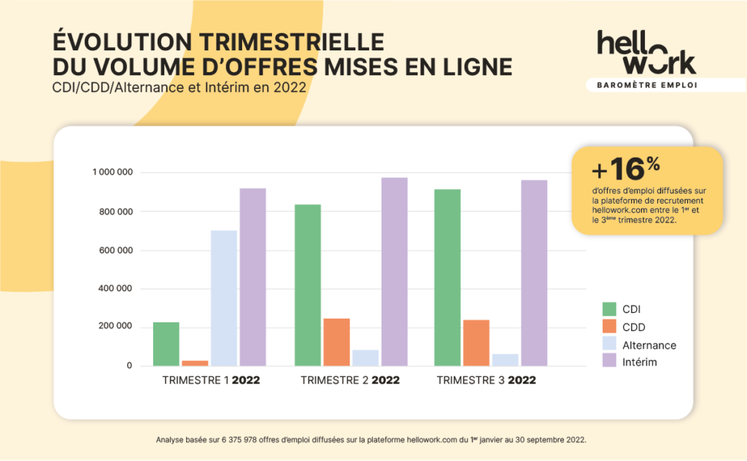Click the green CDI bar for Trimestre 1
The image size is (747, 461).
[x=166, y=344]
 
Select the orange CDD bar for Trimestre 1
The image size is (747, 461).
[x=195, y=363]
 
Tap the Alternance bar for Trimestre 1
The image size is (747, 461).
[x=224, y=298]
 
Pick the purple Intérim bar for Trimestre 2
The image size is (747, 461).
[x=394, y=271]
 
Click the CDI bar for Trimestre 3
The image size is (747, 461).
[x=447, y=277]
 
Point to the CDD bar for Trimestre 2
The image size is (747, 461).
[x=336, y=341]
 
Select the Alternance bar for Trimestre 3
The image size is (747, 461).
[x=506, y=360]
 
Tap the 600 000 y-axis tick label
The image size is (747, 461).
[x=116, y=250]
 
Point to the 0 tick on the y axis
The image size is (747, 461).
[x=128, y=365]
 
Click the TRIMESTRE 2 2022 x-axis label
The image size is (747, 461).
[x=350, y=381]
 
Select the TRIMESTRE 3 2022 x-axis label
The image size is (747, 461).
[x=486, y=381]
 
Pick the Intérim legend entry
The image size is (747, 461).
[x=642, y=362]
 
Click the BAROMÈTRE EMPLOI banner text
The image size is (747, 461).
[x=646, y=85]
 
